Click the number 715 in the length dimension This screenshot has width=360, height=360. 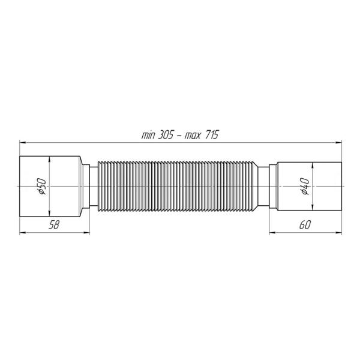pos(209,135)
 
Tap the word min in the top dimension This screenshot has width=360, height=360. pos(148,135)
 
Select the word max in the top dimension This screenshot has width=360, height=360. pos(191,135)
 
